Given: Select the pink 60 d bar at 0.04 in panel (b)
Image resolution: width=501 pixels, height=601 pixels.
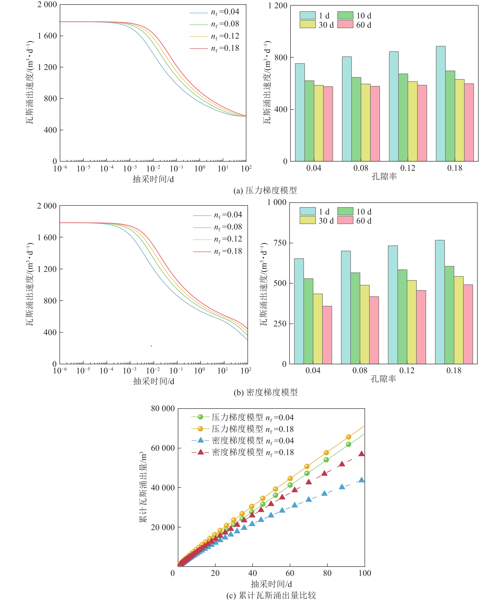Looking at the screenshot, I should [327, 335].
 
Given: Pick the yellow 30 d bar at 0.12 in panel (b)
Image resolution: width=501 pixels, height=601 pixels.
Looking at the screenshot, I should [411, 322].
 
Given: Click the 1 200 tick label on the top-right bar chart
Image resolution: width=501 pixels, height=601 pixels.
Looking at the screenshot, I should [277, 6].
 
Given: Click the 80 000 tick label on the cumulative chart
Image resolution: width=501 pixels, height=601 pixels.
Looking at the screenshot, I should [163, 408].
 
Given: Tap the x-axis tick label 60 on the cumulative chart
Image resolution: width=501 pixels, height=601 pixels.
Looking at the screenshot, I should [290, 573].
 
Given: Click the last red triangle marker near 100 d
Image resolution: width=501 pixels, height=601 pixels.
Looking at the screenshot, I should [362, 454].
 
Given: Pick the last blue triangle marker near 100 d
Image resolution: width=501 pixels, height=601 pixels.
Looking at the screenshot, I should [362, 480].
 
